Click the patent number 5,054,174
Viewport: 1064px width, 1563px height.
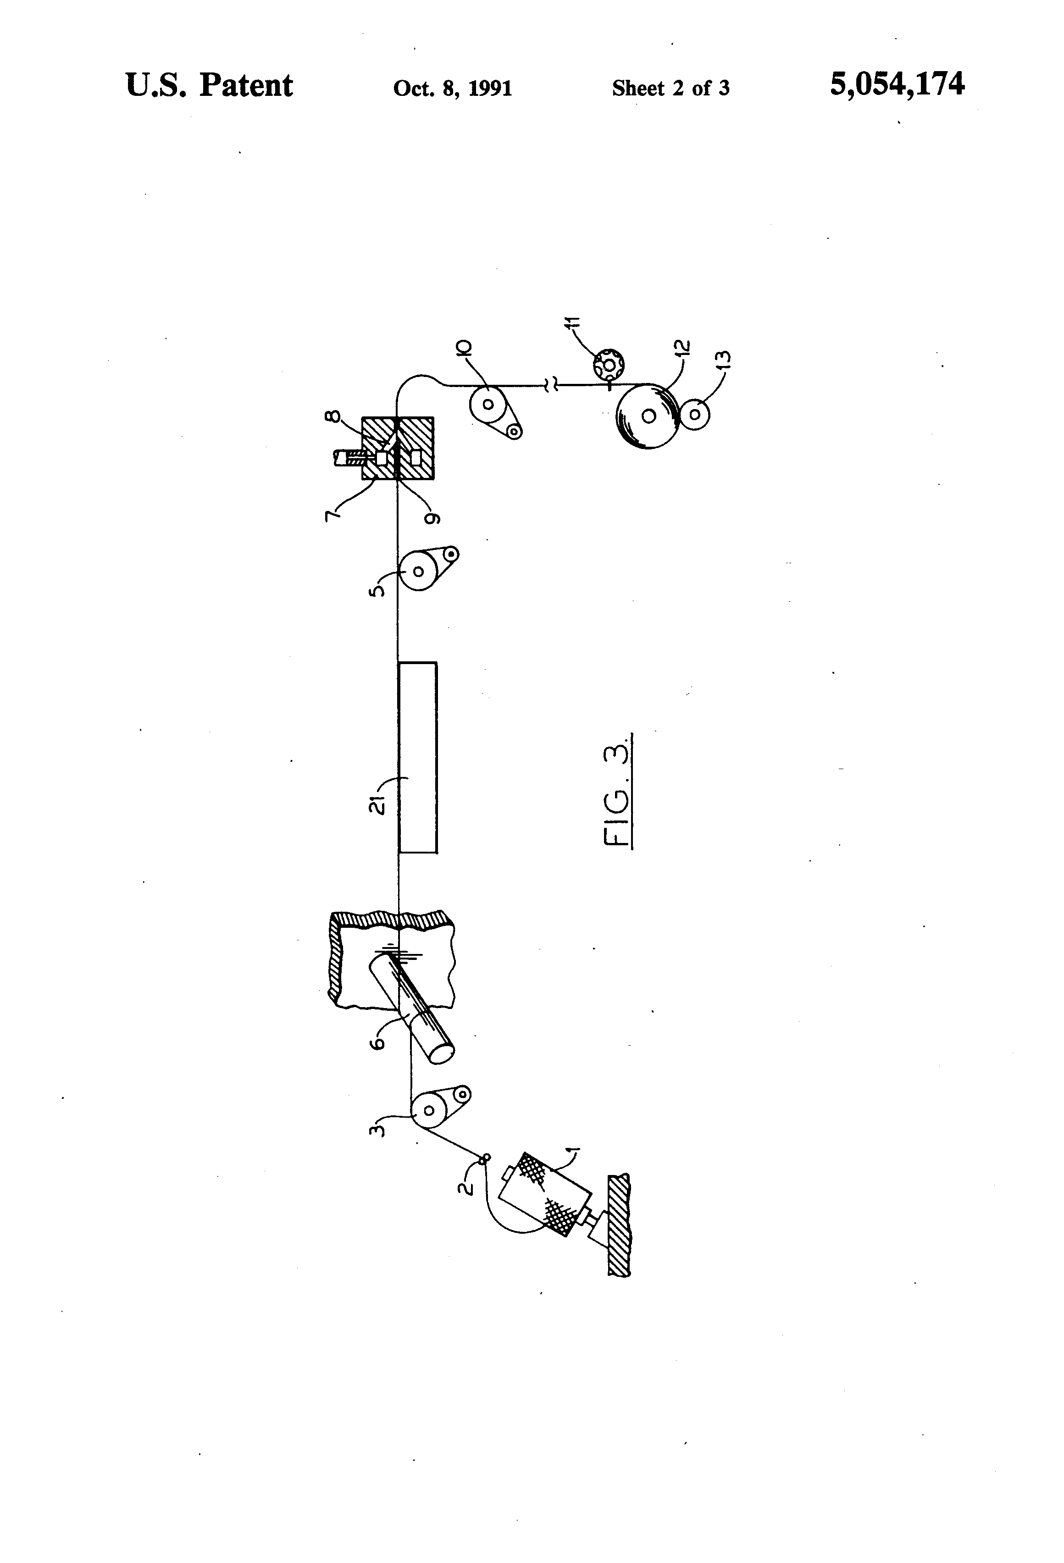click(x=897, y=85)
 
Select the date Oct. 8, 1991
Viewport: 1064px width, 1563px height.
click(x=453, y=88)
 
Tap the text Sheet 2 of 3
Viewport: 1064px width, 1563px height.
click(x=670, y=88)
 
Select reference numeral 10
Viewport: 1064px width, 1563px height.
click(x=464, y=349)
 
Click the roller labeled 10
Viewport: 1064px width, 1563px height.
click(x=488, y=404)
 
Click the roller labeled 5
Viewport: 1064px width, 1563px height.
click(x=418, y=571)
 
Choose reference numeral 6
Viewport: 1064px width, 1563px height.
click(x=378, y=1042)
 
